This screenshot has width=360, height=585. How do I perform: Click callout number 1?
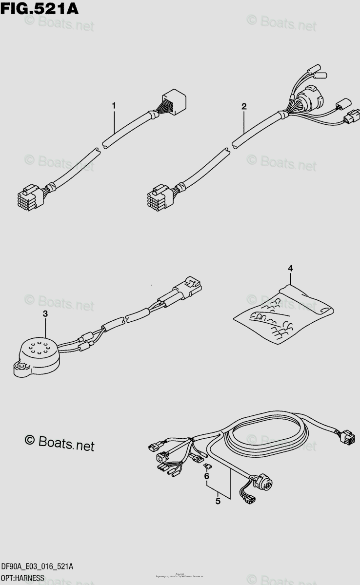114,105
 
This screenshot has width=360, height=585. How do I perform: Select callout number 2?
244,106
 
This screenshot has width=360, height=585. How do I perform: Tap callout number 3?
45,314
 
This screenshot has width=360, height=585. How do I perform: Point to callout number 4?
290,268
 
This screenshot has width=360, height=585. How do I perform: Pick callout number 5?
218,500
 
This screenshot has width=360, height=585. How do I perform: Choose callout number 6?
207,476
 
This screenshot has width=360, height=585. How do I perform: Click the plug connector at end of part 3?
190,286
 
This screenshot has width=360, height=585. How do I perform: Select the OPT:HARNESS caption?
23,578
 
